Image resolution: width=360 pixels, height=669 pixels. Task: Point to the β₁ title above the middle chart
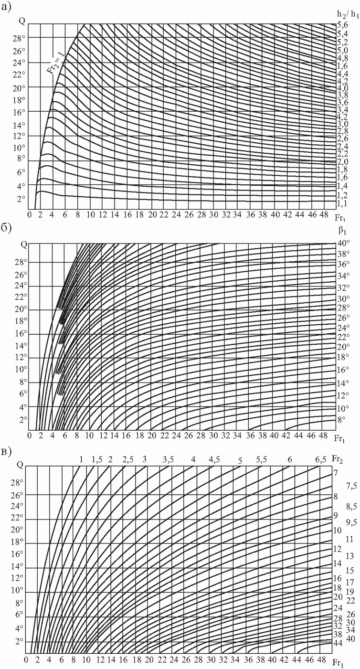(342, 230)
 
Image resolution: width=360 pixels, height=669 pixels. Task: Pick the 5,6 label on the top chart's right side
(342, 25)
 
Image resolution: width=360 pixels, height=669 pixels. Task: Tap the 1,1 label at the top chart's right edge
(342, 204)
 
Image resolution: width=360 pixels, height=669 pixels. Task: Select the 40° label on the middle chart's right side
(344, 244)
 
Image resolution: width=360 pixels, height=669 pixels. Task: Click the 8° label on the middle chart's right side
(341, 419)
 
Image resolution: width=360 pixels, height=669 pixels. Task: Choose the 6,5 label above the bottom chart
(320, 460)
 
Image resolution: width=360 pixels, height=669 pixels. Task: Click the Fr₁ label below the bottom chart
(338, 663)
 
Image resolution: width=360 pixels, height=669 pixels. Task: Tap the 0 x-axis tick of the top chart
(29, 215)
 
